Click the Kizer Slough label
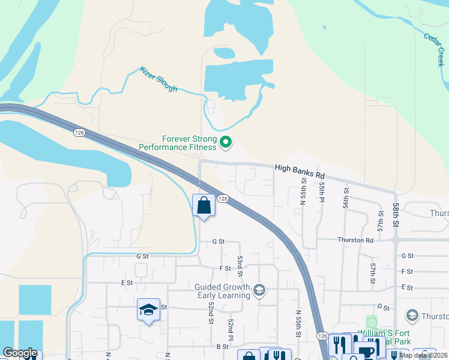pyautogui.click(x=159, y=79)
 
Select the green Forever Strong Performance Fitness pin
pyautogui.click(x=226, y=142)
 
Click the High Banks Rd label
pyautogui.click(x=300, y=172)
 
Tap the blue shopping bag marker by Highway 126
pyautogui.click(x=204, y=206)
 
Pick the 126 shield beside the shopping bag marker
pyautogui.click(x=222, y=199)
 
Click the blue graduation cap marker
pyautogui.click(x=148, y=310)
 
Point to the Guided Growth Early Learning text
pyautogui.click(x=222, y=291)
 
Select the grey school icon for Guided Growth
pyautogui.click(x=259, y=291)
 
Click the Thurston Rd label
pyautogui.click(x=355, y=240)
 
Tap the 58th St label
pyautogui.click(x=397, y=211)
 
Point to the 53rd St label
pyautogui.click(x=240, y=265)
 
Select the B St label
pyautogui.click(x=222, y=346)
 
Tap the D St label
pyautogui.click(x=383, y=307)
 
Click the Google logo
pyautogui.click(x=20, y=353)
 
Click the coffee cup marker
pyautogui.click(x=366, y=352)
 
